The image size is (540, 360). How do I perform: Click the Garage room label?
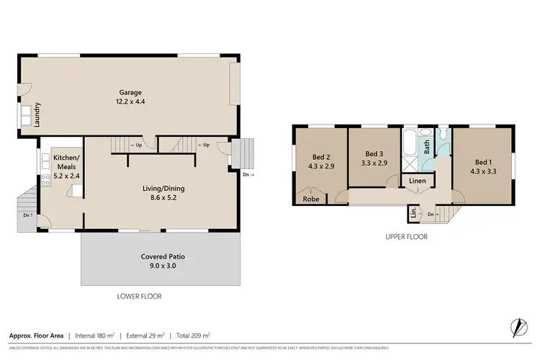click(x=130, y=92)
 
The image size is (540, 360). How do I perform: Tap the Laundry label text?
click(x=37, y=114)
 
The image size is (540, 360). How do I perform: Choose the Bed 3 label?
click(x=373, y=153)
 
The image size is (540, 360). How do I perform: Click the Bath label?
click(x=427, y=148)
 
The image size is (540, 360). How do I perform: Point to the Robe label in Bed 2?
click(x=311, y=199)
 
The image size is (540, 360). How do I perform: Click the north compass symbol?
click(x=516, y=328)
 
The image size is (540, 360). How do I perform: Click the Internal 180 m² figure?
click(x=106, y=336)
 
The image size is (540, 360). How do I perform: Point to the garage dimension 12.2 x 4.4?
click(x=130, y=102)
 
